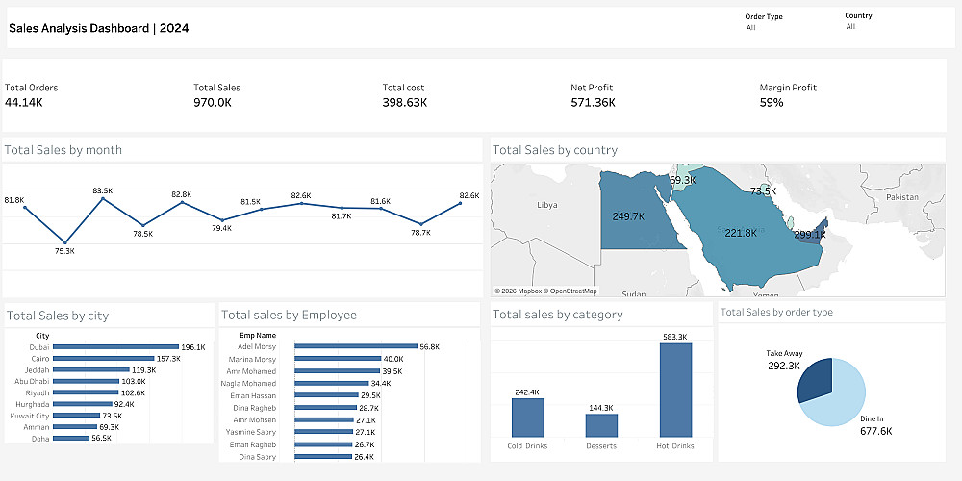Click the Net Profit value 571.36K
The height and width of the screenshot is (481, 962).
(593, 102)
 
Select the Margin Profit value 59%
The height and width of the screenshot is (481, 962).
(772, 102)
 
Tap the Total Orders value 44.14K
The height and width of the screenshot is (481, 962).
(23, 102)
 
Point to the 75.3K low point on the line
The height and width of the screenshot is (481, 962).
(65, 241)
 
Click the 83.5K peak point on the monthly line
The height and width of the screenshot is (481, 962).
(103, 202)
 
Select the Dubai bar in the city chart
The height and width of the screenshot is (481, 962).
(116, 347)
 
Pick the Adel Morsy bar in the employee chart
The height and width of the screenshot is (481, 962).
(355, 346)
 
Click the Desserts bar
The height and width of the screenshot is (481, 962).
(601, 425)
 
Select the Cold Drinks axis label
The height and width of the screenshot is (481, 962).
(527, 445)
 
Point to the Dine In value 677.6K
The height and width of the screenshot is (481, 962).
(875, 431)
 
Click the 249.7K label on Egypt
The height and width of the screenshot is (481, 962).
(628, 216)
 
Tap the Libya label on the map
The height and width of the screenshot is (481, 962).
(546, 205)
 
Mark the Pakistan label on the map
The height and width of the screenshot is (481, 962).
(903, 196)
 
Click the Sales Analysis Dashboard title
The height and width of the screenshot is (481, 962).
(98, 28)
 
